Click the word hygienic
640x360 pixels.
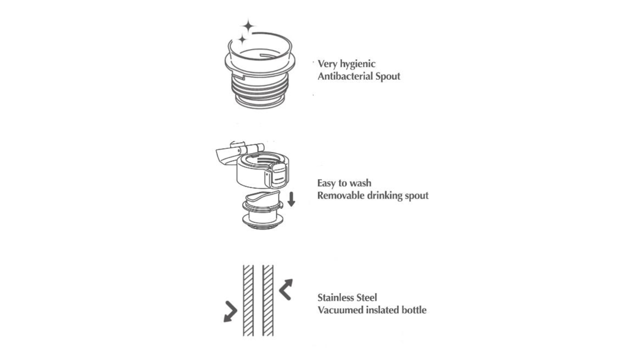[358, 64]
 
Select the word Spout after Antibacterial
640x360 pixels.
[388, 76]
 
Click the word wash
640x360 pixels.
[361, 183]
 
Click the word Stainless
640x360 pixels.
[336, 297]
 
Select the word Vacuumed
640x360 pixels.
[340, 310]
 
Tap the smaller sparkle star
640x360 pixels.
[242, 40]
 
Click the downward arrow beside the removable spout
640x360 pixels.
[291, 199]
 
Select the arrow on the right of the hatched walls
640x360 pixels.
[286, 289]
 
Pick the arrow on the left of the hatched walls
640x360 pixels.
[230, 312]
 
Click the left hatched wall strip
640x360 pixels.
[248, 300]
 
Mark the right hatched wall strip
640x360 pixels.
[268, 300]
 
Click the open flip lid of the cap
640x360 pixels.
[228, 154]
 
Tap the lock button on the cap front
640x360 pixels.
[278, 175]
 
